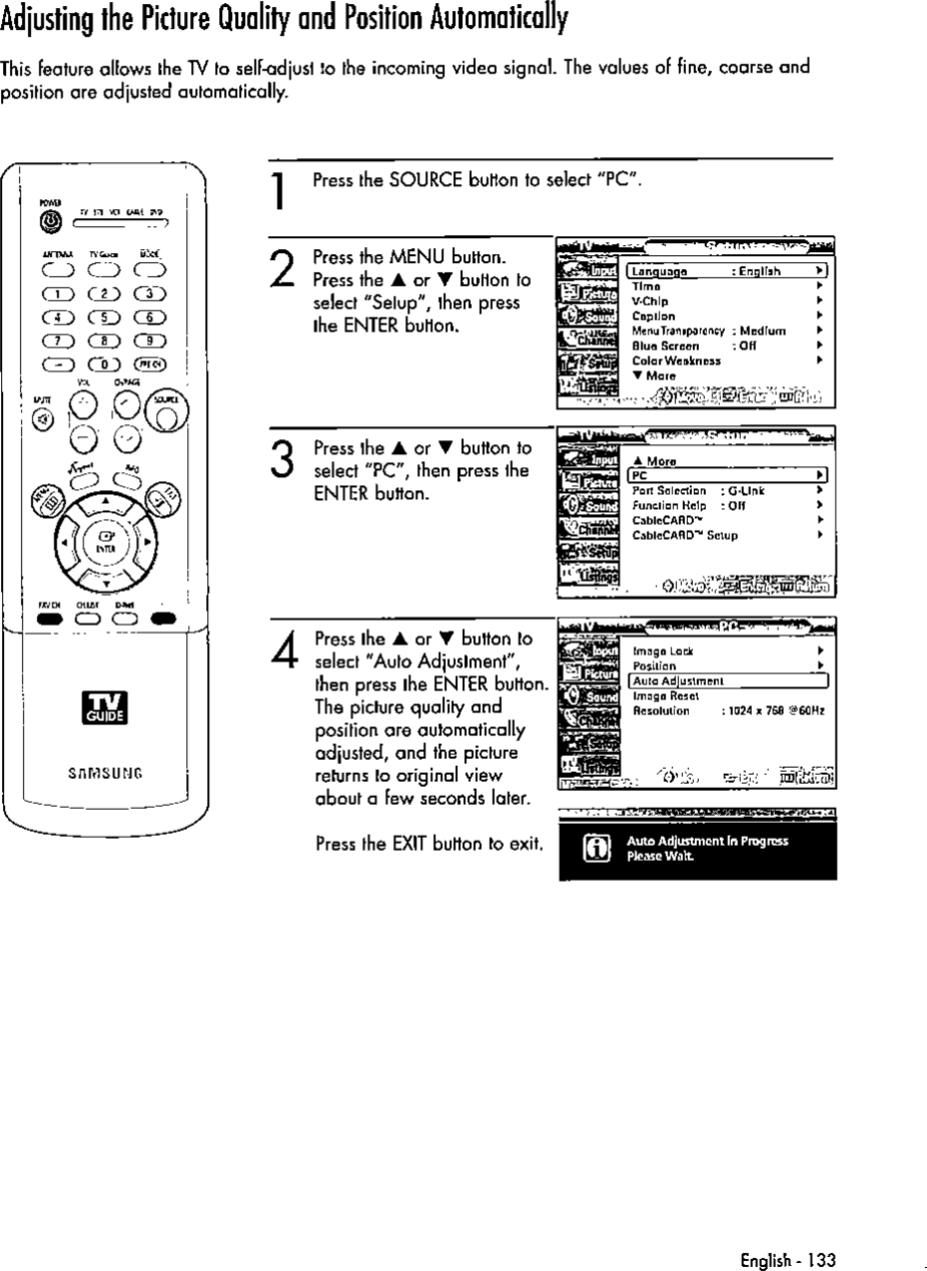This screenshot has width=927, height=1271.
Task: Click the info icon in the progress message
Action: coord(593,849)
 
